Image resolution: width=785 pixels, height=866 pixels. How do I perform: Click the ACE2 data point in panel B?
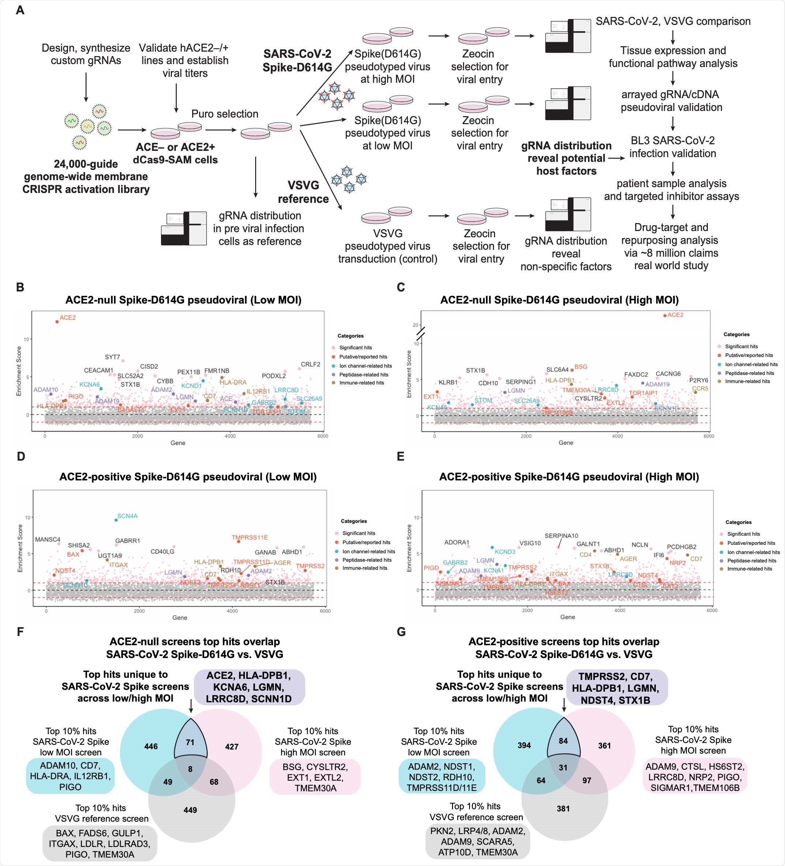pos(57,321)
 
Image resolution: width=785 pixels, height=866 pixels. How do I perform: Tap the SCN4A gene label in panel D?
pos(127,516)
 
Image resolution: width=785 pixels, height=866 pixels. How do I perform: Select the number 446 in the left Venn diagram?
pos(151,746)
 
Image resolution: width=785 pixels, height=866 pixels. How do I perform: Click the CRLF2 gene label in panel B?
pos(310,364)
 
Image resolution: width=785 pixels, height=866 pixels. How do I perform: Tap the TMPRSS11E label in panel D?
pos(250,538)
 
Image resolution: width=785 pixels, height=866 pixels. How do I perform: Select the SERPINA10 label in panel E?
pos(561,536)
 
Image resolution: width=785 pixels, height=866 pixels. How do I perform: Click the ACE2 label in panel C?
pos(675,315)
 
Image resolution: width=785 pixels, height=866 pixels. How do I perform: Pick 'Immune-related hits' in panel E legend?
pos(750,569)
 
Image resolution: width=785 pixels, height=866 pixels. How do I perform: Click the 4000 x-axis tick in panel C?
pos(617,436)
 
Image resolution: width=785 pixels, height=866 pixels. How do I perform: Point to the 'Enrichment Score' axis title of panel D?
pos(20,548)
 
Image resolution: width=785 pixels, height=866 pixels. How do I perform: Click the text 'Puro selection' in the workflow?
pos(225,114)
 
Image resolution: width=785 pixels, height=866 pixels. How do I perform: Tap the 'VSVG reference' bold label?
pos(303,192)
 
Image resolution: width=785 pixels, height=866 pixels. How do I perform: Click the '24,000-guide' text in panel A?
pos(86,164)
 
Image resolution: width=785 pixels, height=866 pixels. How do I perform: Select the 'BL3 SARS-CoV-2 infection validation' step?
pos(673,147)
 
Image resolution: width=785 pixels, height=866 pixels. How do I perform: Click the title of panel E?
pos(569,477)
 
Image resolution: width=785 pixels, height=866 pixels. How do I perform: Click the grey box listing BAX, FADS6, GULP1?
pos(100,844)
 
